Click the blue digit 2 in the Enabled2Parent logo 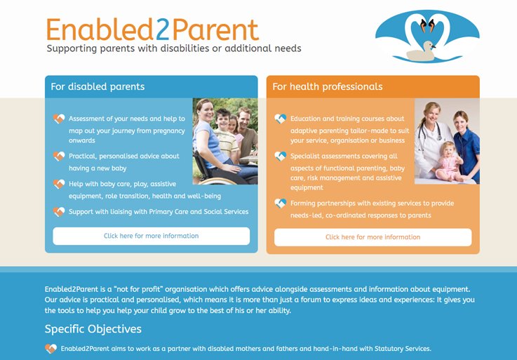(x=163, y=29)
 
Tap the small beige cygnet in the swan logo (x=421, y=51)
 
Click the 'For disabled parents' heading (x=98, y=86)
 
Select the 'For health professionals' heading (x=328, y=86)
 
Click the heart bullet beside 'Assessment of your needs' (x=59, y=119)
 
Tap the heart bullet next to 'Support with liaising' (x=59, y=211)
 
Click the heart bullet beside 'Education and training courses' (x=281, y=119)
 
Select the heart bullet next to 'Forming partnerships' (x=281, y=203)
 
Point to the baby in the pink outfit (x=448, y=161)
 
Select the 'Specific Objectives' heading (x=93, y=329)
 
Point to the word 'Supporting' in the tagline (x=72, y=48)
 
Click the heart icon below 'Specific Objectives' (x=51, y=349)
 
